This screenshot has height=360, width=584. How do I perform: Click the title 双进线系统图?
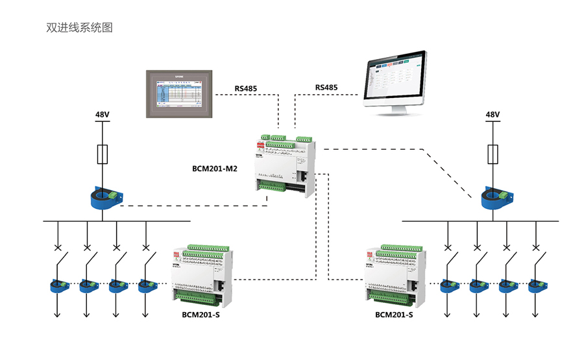(x=80, y=28)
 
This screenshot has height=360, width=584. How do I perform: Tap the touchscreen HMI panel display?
(x=177, y=95)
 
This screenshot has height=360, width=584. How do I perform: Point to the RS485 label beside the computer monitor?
(x=326, y=88)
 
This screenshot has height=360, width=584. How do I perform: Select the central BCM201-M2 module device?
(x=285, y=165)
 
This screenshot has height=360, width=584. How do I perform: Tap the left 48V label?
(x=103, y=115)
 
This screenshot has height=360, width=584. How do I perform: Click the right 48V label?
(x=493, y=115)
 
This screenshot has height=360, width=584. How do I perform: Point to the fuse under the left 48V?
(x=103, y=154)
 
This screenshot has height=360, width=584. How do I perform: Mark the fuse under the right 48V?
(x=493, y=154)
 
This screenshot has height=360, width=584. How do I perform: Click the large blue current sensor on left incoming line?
(x=104, y=197)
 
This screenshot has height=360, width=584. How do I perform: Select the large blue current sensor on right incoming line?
(x=495, y=197)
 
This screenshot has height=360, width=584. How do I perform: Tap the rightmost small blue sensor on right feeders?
(x=537, y=285)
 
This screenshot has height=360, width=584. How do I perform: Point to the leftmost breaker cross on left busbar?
(x=57, y=247)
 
